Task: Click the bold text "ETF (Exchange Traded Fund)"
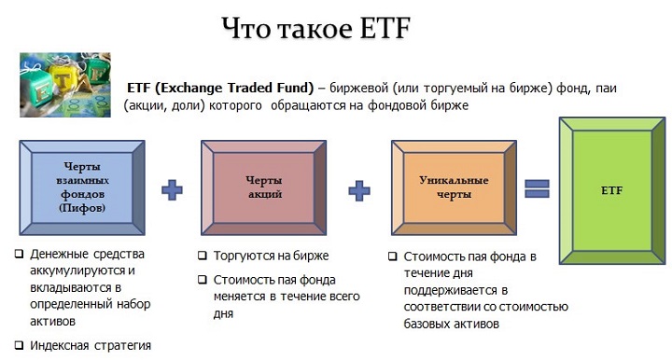(220, 88)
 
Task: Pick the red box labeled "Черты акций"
(263, 187)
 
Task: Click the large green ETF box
(612, 190)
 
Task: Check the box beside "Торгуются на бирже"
(203, 255)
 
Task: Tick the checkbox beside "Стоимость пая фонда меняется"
(203, 279)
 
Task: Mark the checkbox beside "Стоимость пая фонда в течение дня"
(391, 255)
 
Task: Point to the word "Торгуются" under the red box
(245, 255)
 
